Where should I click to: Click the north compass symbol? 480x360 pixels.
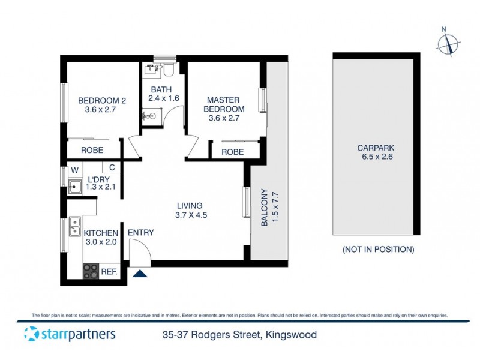tap(448, 43)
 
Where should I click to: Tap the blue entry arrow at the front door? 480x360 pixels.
tap(139, 274)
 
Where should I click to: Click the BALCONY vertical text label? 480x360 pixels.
tap(269, 208)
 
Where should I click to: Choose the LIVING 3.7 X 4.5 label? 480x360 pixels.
tap(190, 210)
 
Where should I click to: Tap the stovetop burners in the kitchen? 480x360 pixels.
tap(91, 271)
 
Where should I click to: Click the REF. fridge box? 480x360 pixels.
tap(109, 272)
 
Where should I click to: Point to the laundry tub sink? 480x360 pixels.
tap(74, 189)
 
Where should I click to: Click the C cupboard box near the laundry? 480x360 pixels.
tap(112, 169)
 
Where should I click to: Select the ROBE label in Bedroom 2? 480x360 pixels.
tap(92, 150)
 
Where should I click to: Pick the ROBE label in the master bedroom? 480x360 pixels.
tap(233, 152)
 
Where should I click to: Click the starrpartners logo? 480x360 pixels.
tap(69, 335)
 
